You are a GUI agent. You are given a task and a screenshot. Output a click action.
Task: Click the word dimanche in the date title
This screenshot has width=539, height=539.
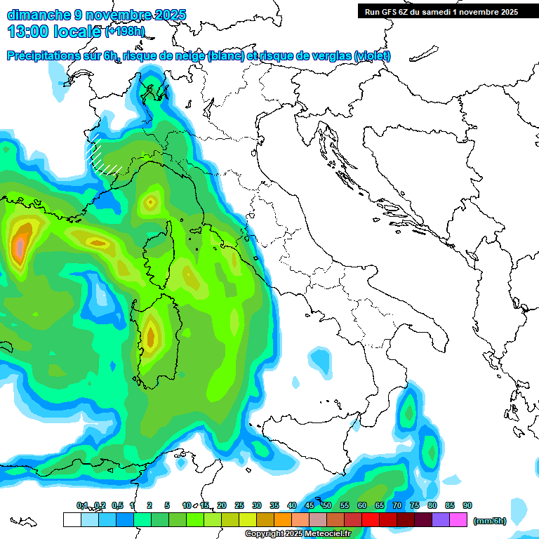coord(39,15)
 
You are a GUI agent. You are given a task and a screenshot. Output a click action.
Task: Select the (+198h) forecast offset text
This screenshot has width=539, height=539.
coord(125,32)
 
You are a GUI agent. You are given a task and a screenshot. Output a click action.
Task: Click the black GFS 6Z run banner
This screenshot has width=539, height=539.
coord(441,12)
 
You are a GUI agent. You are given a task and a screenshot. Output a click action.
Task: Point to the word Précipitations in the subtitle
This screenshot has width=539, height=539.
coord(48,56)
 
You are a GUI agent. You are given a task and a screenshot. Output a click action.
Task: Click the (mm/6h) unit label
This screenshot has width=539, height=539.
coord(490,520)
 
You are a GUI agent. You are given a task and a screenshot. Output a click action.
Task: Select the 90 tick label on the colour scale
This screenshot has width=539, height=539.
coord(467,505)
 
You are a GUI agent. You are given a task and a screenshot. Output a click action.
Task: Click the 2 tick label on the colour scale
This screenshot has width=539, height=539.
coord(149,505)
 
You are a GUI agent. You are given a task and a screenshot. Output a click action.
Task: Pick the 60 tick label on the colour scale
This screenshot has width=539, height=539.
coord(362,505)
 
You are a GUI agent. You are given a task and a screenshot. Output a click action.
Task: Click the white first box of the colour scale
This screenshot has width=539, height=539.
coord(72,519)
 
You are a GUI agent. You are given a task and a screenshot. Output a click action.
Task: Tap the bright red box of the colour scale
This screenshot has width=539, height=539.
coord(371,519)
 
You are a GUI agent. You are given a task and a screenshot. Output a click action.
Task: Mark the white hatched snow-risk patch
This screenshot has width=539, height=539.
coord(102,158)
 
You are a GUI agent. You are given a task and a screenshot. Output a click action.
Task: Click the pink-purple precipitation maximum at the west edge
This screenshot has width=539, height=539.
coord(20,246)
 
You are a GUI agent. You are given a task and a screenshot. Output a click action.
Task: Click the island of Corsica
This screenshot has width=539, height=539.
coord(159,253)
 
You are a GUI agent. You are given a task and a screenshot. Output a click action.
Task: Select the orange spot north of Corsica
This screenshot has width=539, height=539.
coord(149,204)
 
